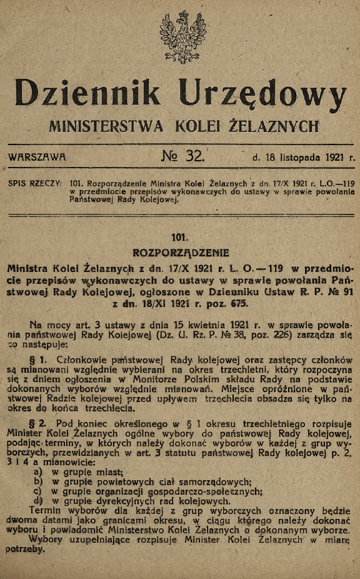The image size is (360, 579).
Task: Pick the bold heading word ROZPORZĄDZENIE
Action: tap(181, 253)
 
